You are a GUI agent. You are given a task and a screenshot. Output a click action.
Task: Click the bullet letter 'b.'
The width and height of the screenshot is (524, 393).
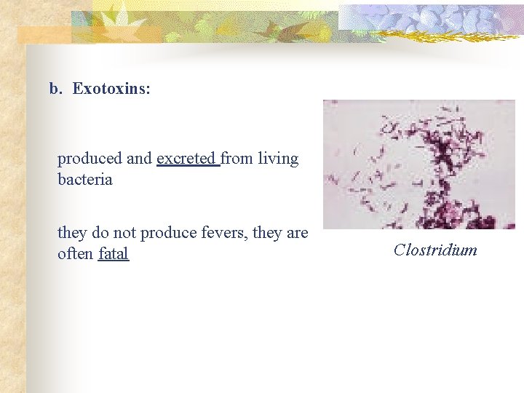tap(56, 90)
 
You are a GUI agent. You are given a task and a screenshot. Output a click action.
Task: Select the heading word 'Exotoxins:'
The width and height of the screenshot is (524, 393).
tap(111, 90)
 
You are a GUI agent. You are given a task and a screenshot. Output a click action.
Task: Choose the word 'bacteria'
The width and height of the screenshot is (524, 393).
tap(85, 180)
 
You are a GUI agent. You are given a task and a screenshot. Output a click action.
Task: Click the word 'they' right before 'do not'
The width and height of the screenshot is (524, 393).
tap(72, 233)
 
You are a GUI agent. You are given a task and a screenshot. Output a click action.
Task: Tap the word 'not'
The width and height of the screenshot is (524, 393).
tap(124, 233)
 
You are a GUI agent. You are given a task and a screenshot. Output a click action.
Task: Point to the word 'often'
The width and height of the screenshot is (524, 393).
tap(75, 254)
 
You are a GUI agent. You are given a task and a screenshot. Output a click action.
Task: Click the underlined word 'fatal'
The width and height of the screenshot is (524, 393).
tap(113, 254)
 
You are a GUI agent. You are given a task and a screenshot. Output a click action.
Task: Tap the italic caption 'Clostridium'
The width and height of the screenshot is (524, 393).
tap(435, 250)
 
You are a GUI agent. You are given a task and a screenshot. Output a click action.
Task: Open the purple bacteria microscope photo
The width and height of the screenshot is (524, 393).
tap(418, 164)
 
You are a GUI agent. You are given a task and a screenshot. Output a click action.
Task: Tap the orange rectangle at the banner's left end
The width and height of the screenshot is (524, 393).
tap(44, 35)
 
